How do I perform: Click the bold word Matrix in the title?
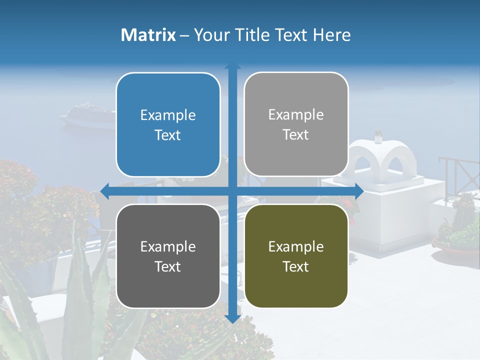click(148, 35)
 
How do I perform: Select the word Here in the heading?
click(331, 35)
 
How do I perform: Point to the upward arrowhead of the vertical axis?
click(232, 66)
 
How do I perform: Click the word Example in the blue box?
click(168, 115)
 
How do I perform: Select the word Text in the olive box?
click(296, 267)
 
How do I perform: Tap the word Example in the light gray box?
click(296, 115)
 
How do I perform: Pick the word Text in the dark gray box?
click(168, 267)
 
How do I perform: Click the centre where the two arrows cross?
click(232, 191)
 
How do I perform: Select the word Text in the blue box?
click(168, 135)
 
